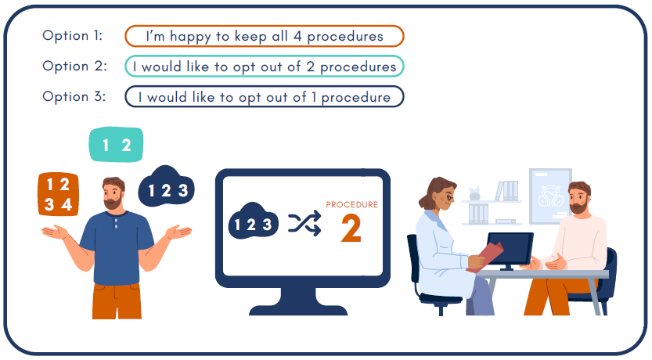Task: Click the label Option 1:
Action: coord(72,35)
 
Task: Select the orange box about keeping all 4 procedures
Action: coord(265,36)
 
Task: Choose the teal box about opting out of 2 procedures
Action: coord(265,67)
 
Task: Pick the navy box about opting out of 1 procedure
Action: coord(265,97)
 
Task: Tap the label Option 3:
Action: coord(74,96)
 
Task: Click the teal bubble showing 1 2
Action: coord(117,144)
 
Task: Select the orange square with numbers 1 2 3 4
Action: coord(58,194)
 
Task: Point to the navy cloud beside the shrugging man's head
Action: coord(166,186)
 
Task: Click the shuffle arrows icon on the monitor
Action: coord(304,223)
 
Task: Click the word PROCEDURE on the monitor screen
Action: coord(351,204)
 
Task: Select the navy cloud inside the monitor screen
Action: coord(254,221)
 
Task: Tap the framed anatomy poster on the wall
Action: coord(550,196)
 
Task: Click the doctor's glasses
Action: coord(450,197)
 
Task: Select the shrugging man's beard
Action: coord(113,203)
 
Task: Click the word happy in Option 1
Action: coord(190,37)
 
